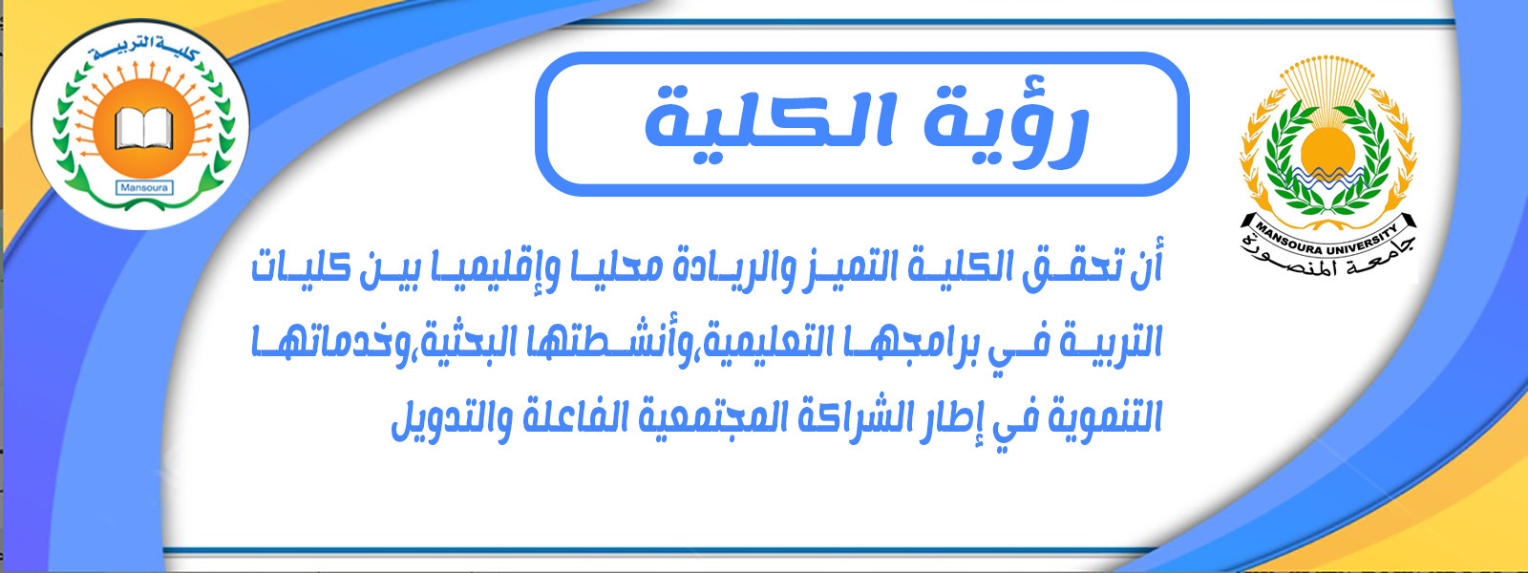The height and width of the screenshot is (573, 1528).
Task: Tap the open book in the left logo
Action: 143,128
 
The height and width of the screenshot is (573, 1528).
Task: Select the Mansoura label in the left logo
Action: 145,187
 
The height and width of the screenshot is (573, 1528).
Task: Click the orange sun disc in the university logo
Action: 1326,150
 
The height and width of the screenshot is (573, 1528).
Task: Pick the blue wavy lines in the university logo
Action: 1326,179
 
